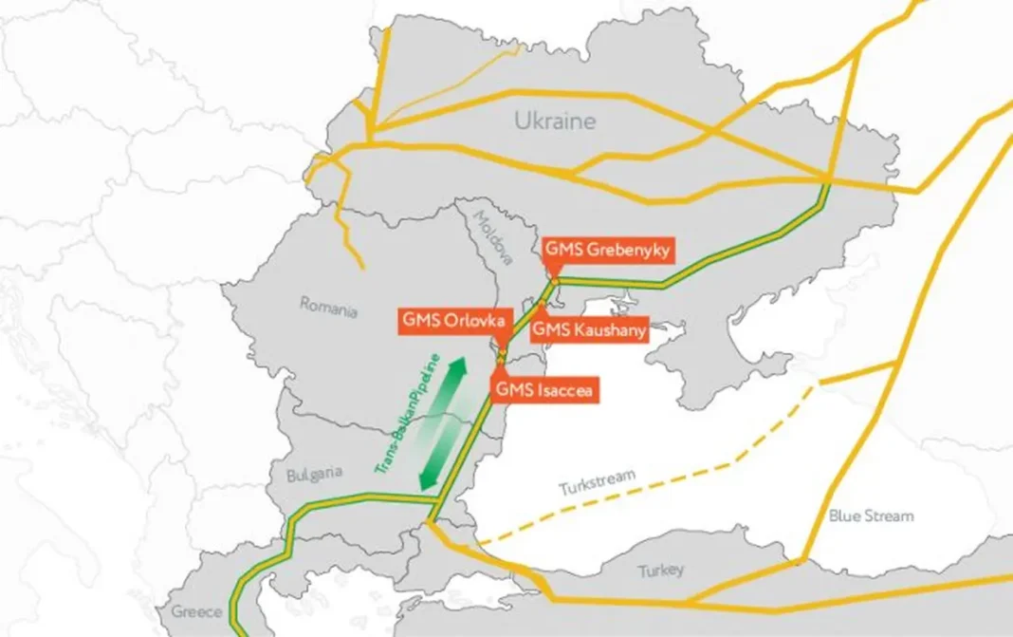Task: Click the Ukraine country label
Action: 555,121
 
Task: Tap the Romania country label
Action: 328,307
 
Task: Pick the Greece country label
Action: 195,611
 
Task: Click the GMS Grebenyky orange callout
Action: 607,250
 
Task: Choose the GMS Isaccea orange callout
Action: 545,388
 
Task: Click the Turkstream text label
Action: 597,484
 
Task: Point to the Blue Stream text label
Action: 871,516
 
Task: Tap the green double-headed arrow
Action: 444,424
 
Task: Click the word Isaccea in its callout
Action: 563,388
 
